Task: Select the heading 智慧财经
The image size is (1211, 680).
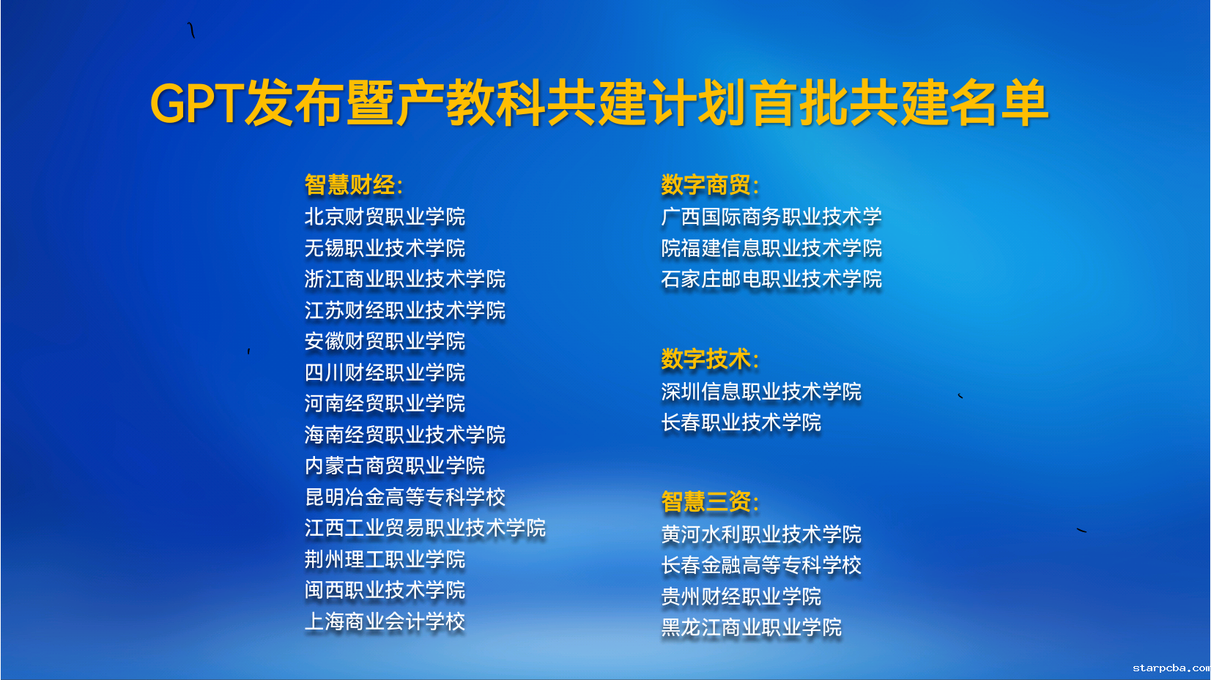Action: click(354, 184)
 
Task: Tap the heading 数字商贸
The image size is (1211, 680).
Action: click(710, 184)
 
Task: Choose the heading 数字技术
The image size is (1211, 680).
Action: click(710, 359)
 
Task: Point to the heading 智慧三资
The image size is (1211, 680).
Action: click(710, 501)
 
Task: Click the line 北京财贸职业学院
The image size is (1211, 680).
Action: click(385, 217)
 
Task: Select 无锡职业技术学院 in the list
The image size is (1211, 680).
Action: click(385, 248)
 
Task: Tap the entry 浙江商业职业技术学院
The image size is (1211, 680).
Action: click(405, 279)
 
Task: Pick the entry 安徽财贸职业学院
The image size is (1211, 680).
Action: click(385, 341)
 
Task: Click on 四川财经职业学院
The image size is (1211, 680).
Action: click(385, 373)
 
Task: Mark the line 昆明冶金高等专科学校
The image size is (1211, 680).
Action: click(405, 497)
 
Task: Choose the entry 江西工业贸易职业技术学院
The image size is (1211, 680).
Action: click(425, 528)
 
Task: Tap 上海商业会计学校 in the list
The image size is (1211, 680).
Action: click(385, 621)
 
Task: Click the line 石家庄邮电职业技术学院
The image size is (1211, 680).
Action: click(771, 279)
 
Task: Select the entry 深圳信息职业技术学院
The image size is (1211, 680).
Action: click(761, 392)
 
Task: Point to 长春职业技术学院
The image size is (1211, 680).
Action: click(741, 422)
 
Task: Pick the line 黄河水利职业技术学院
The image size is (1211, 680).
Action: click(761, 534)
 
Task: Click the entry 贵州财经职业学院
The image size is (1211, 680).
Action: click(741, 597)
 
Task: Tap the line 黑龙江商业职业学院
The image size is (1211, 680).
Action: click(752, 627)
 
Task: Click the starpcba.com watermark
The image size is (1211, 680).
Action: click(1171, 669)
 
